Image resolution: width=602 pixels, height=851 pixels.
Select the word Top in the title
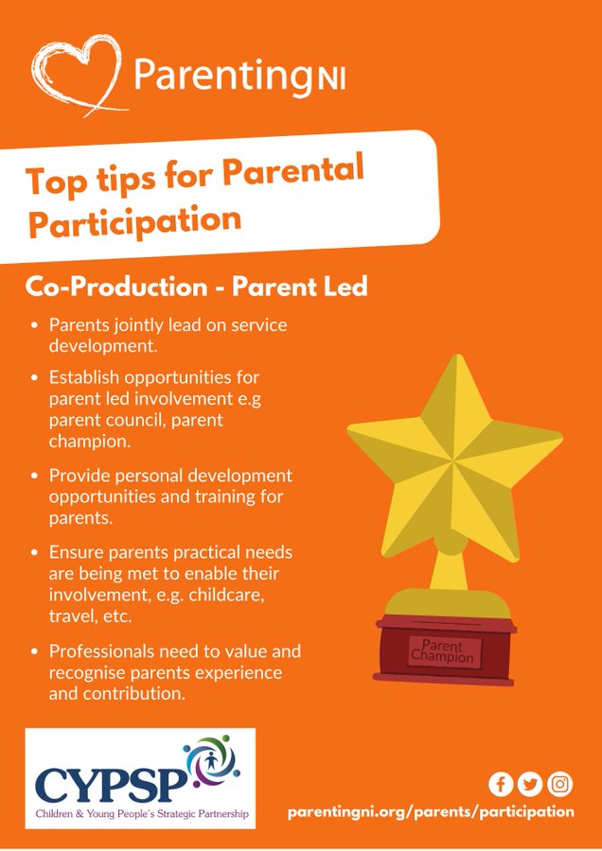pos(57,182)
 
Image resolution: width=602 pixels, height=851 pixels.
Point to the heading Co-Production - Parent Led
pos(196,287)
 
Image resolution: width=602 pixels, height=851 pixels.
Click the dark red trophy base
pos(445,651)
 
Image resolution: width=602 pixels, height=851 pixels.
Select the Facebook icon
pos(501,784)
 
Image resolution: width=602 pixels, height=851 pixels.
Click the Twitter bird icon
pos(530,784)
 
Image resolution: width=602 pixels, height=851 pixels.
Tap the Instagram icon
pos(560,784)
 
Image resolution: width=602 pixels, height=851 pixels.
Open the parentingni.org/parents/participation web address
pos(431,812)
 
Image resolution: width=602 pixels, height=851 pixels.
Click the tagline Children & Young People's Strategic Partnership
pos(142,814)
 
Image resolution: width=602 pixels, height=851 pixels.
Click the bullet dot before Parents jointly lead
pos(35,325)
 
